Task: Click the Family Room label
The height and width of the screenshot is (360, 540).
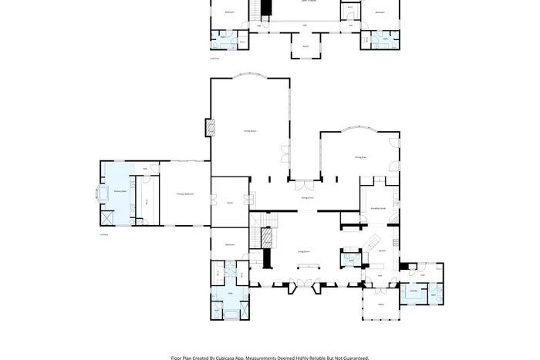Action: click(x=250, y=132)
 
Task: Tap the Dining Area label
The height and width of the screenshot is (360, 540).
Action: click(x=359, y=157)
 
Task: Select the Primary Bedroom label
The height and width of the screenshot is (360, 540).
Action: click(x=184, y=194)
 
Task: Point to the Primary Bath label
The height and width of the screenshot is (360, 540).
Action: click(x=120, y=190)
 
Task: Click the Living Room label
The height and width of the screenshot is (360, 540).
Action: click(x=304, y=251)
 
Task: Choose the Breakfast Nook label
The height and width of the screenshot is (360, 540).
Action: click(x=378, y=207)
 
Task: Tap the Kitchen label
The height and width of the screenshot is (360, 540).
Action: click(x=382, y=250)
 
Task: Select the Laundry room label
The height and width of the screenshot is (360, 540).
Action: click(x=413, y=291)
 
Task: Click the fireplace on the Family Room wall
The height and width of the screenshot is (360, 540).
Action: click(x=208, y=128)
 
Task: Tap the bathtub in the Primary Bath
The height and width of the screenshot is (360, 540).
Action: click(x=103, y=193)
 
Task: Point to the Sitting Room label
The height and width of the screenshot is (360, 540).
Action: click(x=306, y=198)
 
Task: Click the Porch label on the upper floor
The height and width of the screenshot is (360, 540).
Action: click(x=305, y=46)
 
